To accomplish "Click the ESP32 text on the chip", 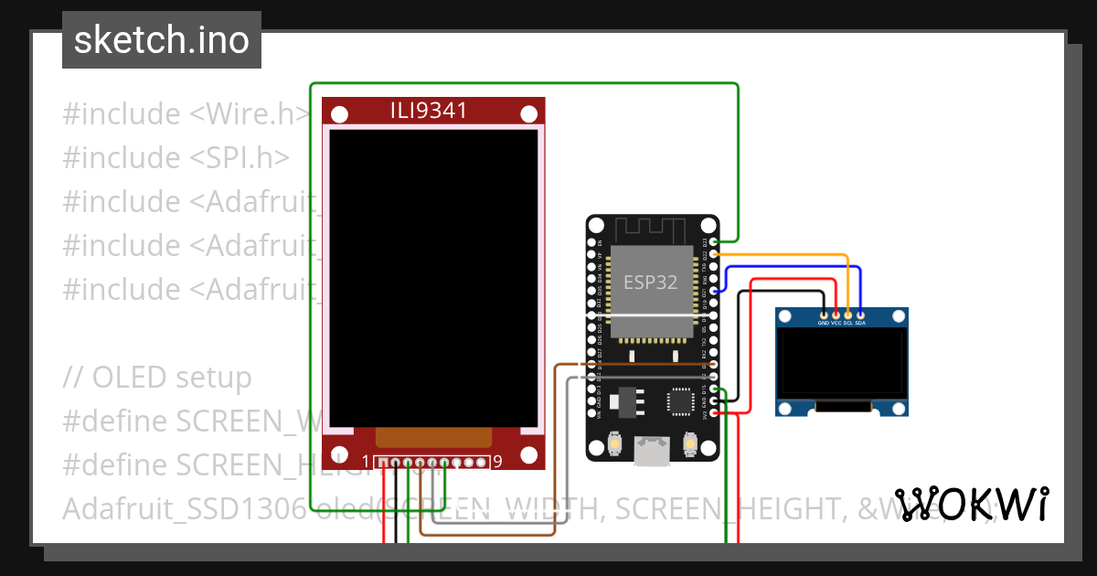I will pos(650,282).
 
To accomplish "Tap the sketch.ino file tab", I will pos(162,40).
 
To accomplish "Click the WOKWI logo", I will pos(971,504).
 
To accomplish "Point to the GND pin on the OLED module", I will pos(824,314).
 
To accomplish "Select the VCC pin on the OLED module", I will pos(836,314).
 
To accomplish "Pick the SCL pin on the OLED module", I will pos(847,314).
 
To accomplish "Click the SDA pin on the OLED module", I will pos(859,314).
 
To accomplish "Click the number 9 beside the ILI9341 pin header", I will pos(497,462).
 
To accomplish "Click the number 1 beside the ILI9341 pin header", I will pos(366,462).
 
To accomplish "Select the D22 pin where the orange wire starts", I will pos(713,253).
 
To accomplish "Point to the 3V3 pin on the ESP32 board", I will pos(713,413).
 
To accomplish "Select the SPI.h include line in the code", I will pos(176,158).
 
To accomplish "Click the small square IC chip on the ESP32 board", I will pos(680,400).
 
